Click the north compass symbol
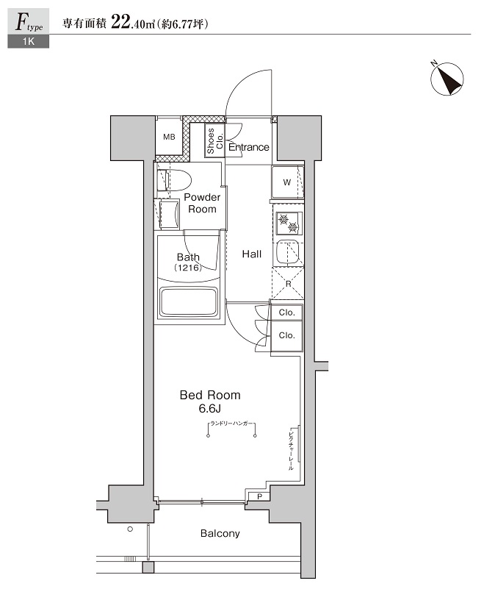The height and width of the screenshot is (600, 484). [x=447, y=79]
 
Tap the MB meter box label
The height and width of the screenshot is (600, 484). [x=169, y=137]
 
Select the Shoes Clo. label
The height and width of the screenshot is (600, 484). [x=215, y=141]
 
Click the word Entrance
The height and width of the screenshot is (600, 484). [x=248, y=147]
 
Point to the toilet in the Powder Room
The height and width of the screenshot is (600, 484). [x=173, y=179]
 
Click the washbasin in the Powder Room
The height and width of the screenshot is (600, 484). [x=168, y=214]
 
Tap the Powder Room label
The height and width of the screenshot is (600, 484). [x=202, y=203]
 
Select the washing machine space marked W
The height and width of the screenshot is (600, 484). [x=287, y=182]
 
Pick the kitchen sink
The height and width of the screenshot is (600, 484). [x=289, y=252]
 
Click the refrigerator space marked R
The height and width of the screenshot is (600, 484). [x=288, y=284]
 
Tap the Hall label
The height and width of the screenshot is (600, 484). [x=252, y=254]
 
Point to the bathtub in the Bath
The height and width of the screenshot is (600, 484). [x=189, y=301]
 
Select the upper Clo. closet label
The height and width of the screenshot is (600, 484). [x=286, y=312]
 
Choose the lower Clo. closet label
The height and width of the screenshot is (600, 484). [x=286, y=335]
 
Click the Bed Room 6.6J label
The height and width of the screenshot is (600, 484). [x=210, y=401]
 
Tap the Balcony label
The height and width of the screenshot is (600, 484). [x=220, y=533]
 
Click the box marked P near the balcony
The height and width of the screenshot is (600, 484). [x=259, y=496]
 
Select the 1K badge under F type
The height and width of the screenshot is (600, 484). [x=29, y=42]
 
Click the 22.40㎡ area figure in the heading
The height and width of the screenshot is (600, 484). [x=133, y=23]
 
